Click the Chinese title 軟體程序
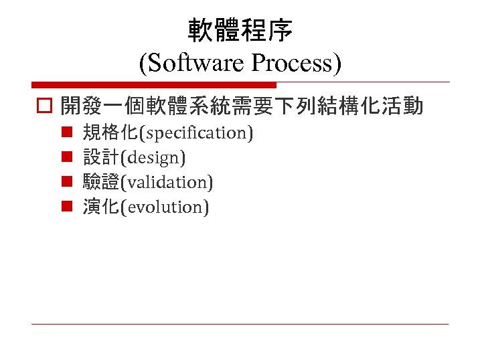tap(240, 30)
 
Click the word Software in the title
tap(197, 64)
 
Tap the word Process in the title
tap(292, 64)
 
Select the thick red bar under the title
tap(154, 85)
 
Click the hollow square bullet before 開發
tap(45, 106)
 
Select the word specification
tap(195, 133)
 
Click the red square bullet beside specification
tap(67, 133)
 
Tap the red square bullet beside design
tap(67, 158)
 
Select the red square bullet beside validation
tap(67, 182)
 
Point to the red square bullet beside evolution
tap(67, 207)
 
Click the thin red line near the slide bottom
tap(240, 325)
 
